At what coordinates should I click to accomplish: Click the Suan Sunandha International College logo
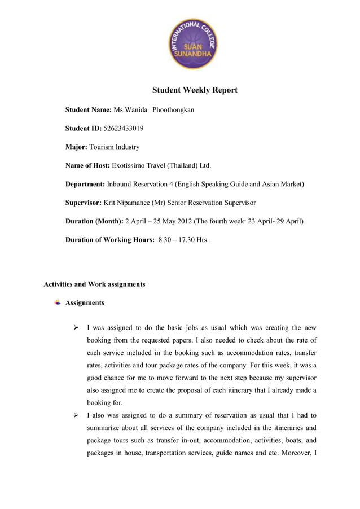click(194, 43)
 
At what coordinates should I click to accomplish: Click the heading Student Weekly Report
click(195, 90)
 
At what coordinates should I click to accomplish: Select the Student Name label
click(89, 109)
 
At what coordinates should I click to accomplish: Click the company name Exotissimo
click(131, 165)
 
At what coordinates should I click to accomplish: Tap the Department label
click(85, 184)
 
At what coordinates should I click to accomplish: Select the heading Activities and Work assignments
click(94, 284)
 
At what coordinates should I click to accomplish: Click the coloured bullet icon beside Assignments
click(57, 302)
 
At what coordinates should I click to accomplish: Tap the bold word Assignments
click(85, 303)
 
